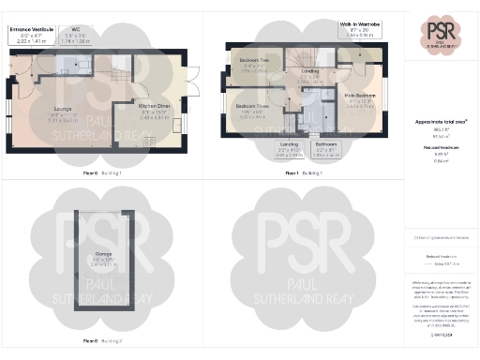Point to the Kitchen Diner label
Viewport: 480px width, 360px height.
coord(156,112)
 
